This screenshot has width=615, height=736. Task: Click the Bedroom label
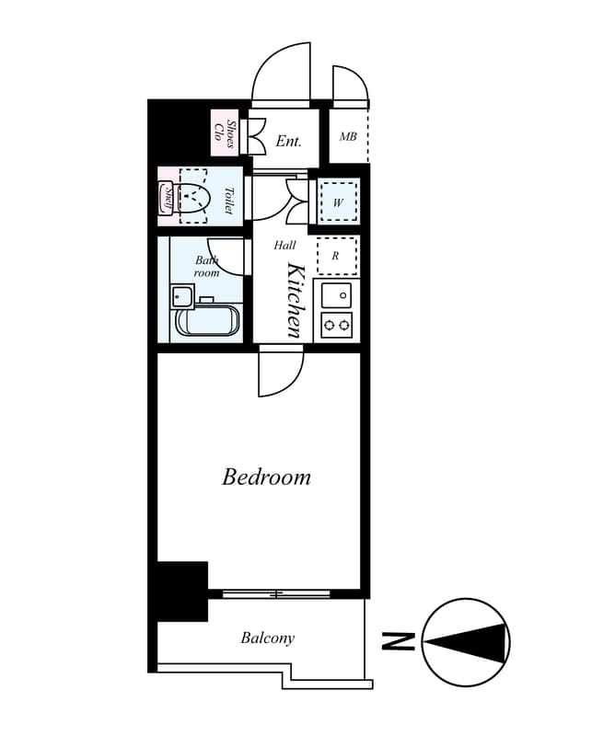point(266,477)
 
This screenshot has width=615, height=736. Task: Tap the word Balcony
point(268,638)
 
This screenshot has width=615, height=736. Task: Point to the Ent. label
point(288,141)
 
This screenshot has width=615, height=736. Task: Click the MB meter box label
point(348,136)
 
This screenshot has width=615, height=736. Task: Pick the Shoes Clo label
point(225,133)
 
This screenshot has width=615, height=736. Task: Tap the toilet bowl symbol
point(193,196)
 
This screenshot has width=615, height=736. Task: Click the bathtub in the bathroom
point(208,319)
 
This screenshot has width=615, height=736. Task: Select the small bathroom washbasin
point(182,296)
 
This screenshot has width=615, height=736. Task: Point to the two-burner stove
point(336,325)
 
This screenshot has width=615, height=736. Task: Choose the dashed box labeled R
point(337,256)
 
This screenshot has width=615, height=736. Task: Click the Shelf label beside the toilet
point(168,196)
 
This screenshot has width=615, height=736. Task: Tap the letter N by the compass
point(398,641)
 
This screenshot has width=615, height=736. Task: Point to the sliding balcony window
point(276,593)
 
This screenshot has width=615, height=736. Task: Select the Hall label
point(284,245)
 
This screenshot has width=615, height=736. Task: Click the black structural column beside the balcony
point(182,591)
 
